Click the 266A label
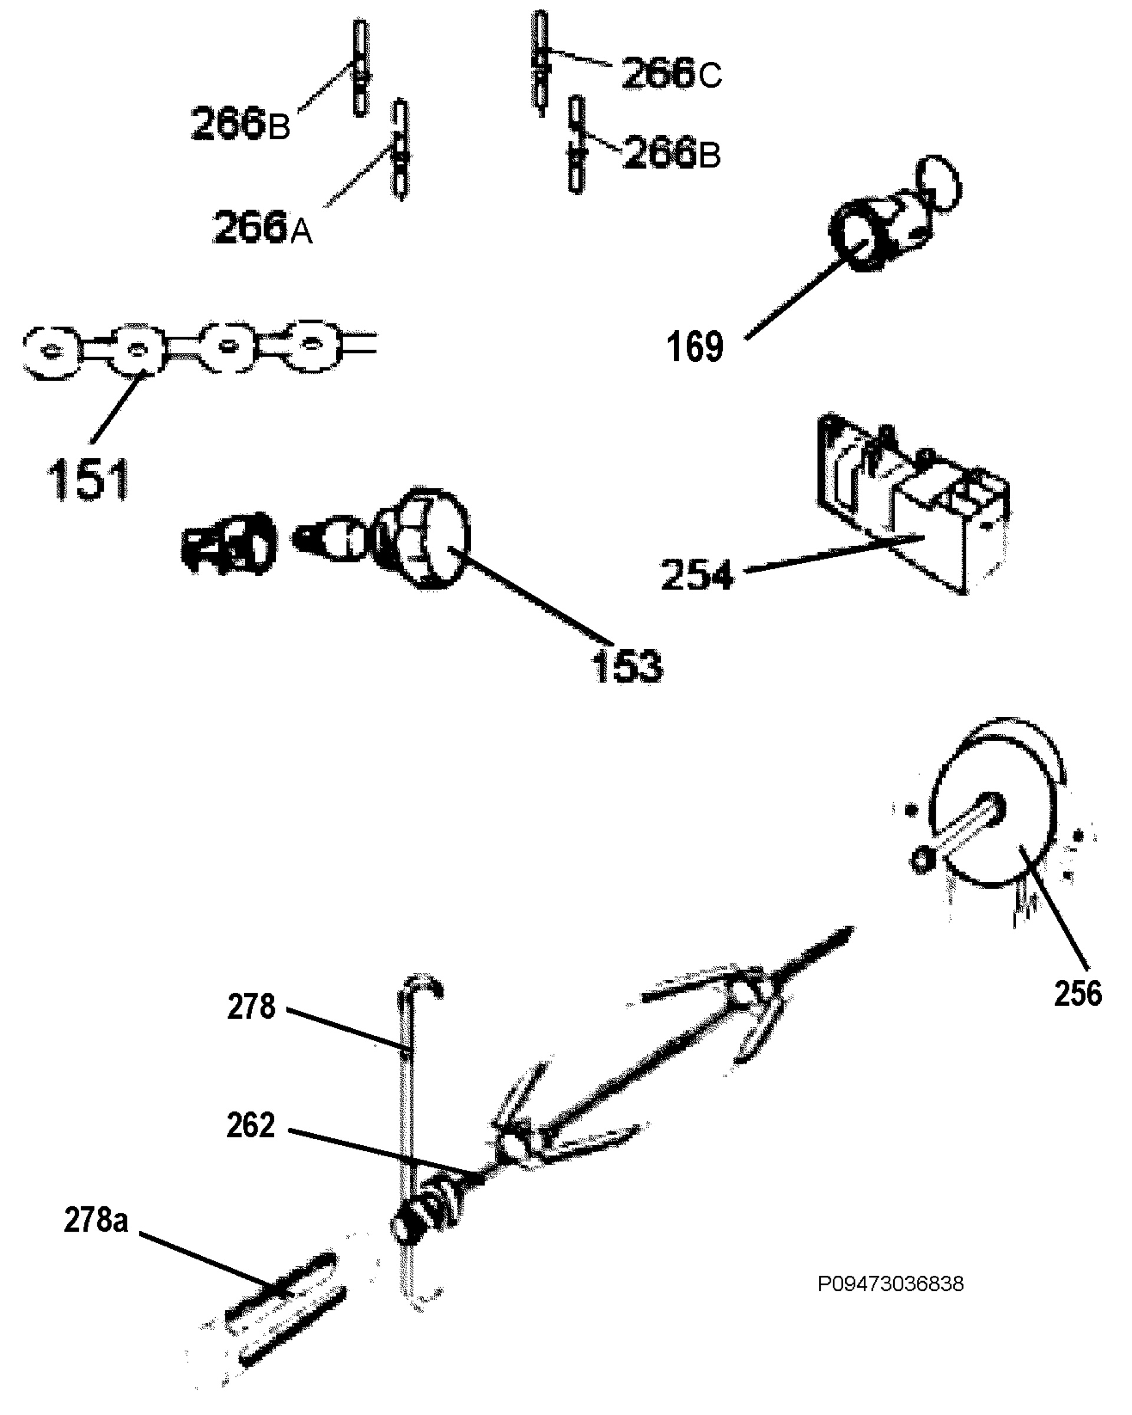[x=262, y=227]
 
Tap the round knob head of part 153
[x=433, y=538]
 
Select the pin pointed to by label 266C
[x=540, y=63]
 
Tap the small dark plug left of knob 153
[x=228, y=545]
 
